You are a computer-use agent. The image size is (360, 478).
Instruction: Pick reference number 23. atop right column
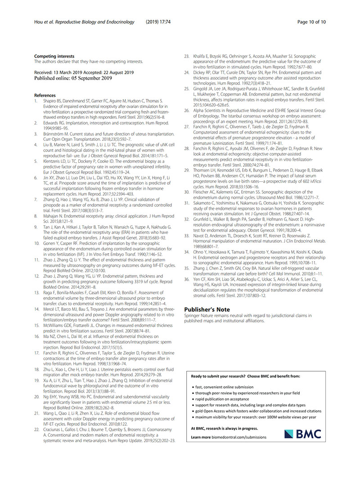click(x=189, y=56)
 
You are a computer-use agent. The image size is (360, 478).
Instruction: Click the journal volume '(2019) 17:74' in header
click(x=158, y=22)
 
